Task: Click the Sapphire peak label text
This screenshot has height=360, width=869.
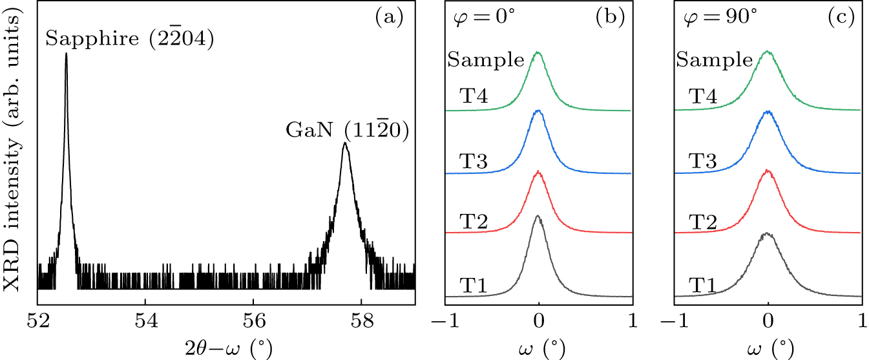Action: (129, 39)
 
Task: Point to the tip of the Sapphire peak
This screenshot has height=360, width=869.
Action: (66, 54)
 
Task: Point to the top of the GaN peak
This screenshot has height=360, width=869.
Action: (345, 143)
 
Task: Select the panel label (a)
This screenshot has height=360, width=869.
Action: (389, 17)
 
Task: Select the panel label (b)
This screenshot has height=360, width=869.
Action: (611, 17)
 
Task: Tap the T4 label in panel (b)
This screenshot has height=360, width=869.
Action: (473, 97)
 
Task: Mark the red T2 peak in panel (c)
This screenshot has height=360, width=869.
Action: (768, 171)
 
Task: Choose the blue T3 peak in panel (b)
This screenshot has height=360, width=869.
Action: (538, 111)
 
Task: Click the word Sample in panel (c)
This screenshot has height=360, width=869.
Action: (715, 61)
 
